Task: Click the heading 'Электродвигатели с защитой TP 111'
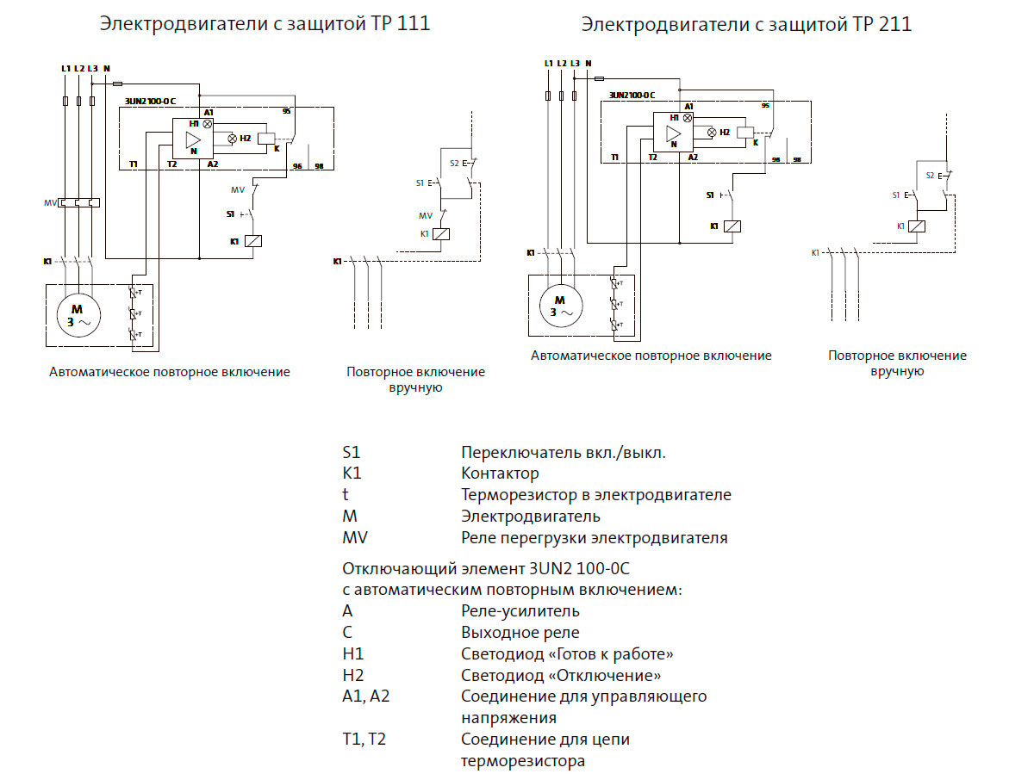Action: click(265, 24)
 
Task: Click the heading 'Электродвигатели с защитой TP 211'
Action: click(746, 24)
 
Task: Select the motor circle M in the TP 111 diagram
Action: click(76, 316)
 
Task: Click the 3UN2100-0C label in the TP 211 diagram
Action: click(632, 95)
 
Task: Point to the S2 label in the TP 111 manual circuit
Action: click(454, 164)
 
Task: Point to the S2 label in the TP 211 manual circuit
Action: click(930, 175)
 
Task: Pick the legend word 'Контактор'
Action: click(500, 474)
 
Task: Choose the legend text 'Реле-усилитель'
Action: click(520, 611)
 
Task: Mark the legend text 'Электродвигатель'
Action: click(530, 517)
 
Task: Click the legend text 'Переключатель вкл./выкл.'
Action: click(563, 452)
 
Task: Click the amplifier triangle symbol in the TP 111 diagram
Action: click(193, 140)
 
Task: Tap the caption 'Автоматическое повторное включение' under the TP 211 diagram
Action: click(651, 356)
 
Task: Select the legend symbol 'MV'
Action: click(353, 538)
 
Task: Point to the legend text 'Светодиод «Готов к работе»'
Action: click(567, 654)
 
